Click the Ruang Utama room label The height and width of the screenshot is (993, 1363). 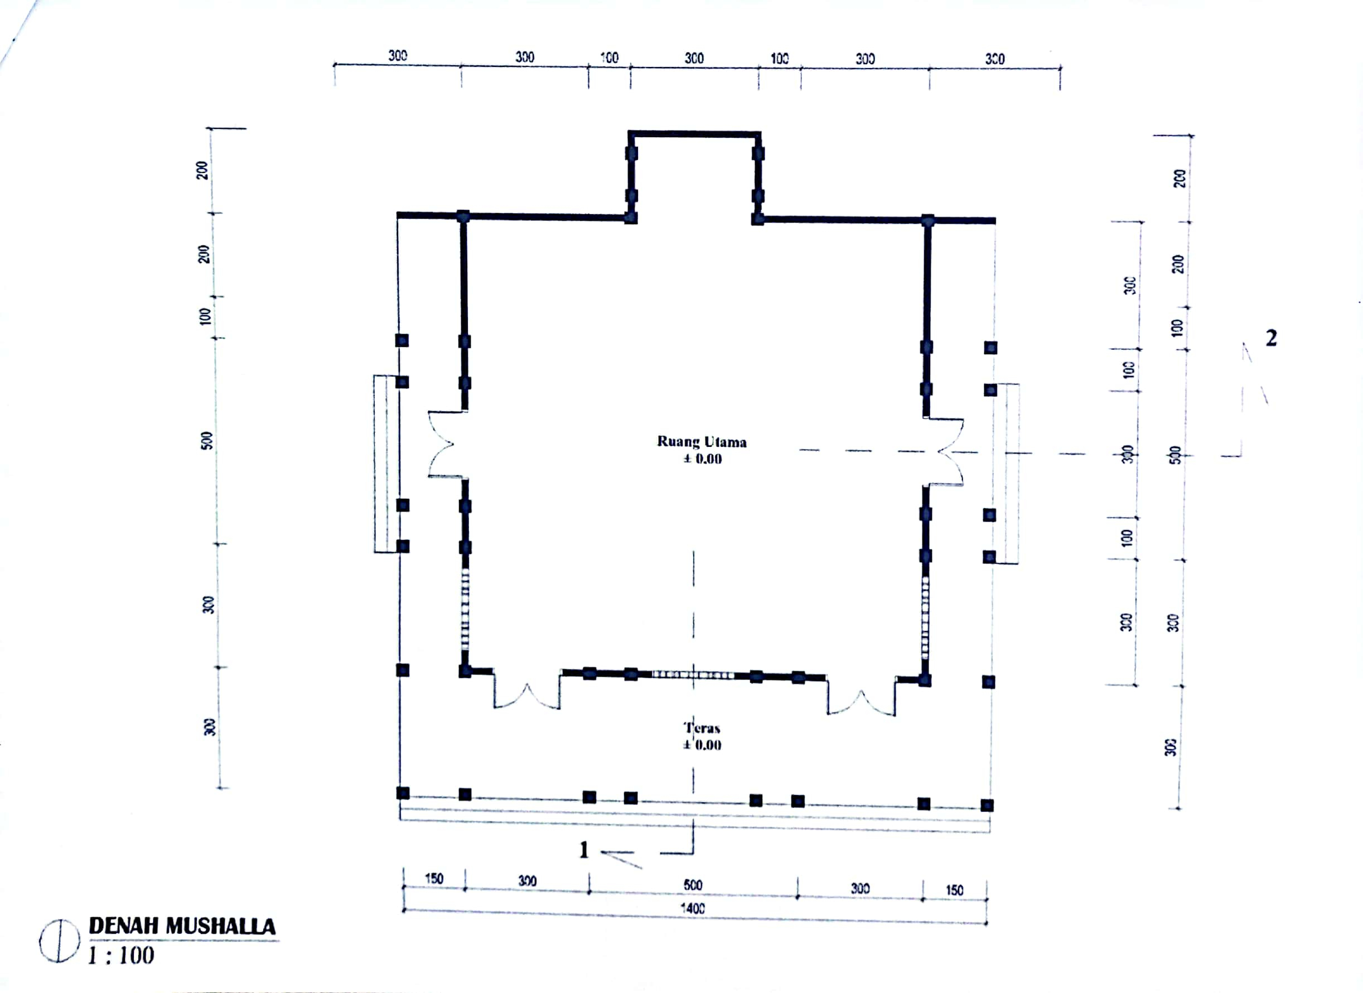coord(702,442)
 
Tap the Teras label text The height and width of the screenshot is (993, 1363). coord(702,728)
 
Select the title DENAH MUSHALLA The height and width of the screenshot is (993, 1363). coord(182,926)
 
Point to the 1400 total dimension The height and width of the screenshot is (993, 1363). coord(692,908)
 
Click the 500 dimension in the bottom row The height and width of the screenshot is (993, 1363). coord(692,885)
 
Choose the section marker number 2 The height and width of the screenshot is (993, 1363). coord(1270,339)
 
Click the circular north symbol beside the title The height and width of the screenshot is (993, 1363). coord(59,941)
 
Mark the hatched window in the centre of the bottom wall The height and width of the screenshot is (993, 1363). coord(693,675)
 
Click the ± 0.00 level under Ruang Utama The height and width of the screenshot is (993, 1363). coord(702,459)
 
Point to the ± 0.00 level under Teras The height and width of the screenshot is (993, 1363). coord(702,745)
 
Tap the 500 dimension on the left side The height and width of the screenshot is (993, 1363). coord(207,441)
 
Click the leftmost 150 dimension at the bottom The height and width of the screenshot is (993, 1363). coord(434,879)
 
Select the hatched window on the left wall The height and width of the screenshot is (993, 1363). coord(465,608)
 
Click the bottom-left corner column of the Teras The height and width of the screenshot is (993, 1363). coord(403,793)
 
